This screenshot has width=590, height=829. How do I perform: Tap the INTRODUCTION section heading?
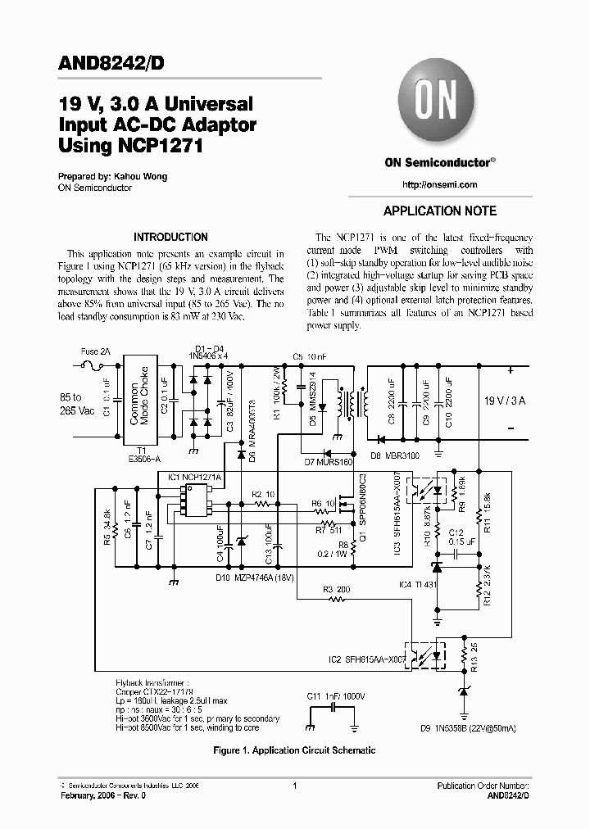click(x=170, y=237)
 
